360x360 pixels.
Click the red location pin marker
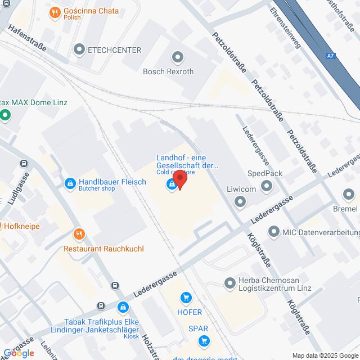click(179, 179)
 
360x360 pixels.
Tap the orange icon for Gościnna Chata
click(55, 12)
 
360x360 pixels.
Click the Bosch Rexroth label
click(168, 71)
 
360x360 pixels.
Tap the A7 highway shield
click(331, 56)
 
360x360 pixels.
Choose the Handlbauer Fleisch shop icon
click(70, 183)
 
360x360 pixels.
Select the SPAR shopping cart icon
click(204, 340)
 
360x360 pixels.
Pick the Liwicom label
click(241, 189)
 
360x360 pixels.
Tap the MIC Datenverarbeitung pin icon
click(274, 231)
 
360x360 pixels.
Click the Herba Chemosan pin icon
click(229, 282)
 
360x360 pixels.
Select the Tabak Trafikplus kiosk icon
click(123, 307)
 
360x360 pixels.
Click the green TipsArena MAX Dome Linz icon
click(6, 116)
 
